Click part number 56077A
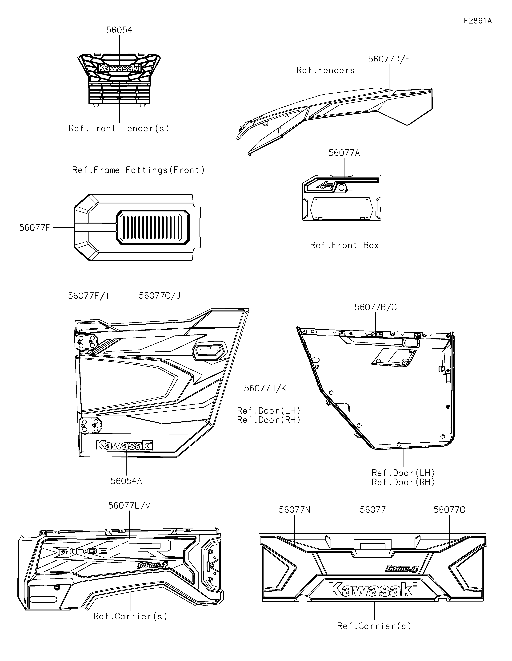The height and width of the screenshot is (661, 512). click(x=344, y=153)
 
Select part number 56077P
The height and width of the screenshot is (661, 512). click(x=35, y=228)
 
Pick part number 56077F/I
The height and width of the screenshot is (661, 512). click(x=88, y=296)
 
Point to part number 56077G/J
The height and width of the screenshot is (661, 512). click(x=160, y=296)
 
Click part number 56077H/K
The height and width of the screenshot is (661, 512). click(x=265, y=388)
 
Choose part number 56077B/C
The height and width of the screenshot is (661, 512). click(x=376, y=307)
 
